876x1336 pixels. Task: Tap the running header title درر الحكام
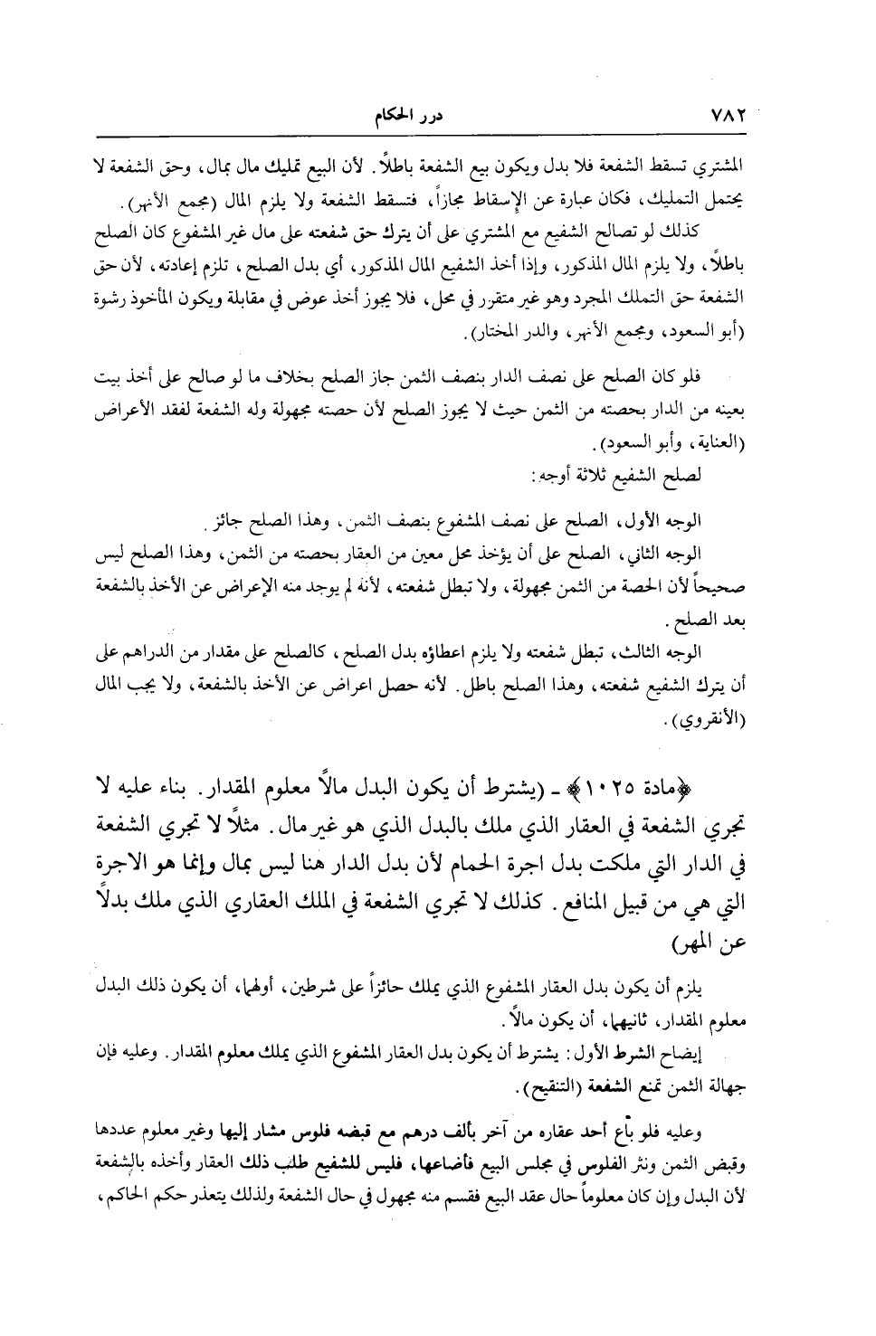(x=394, y=117)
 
